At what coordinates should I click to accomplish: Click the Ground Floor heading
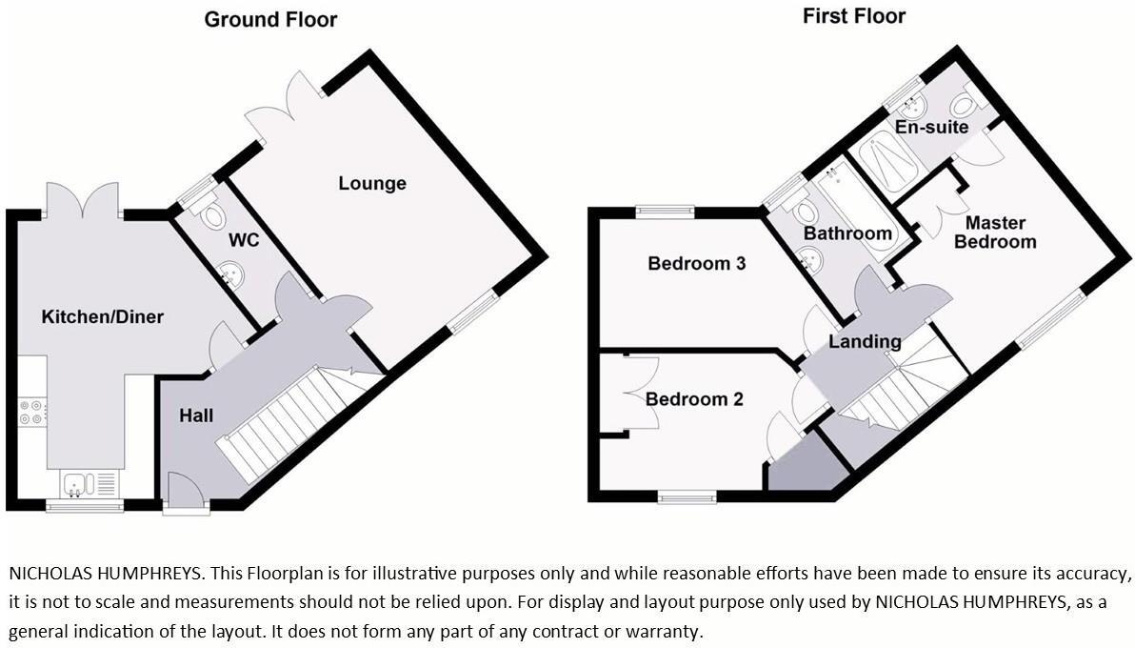[x=270, y=19]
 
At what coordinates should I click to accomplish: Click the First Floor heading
[x=853, y=15]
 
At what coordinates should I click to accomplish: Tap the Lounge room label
[x=372, y=183]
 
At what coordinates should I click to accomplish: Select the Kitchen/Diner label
[x=102, y=316]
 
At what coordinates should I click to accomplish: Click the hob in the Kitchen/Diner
[x=31, y=413]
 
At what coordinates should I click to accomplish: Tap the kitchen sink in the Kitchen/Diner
[x=75, y=484]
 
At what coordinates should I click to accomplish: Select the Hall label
[x=196, y=415]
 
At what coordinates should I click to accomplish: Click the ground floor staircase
[x=286, y=423]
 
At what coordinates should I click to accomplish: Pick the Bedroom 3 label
[x=696, y=263]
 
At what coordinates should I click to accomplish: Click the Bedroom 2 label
[x=693, y=398]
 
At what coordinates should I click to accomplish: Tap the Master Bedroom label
[x=995, y=232]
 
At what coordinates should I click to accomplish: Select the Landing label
[x=864, y=341]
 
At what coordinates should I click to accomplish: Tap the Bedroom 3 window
[x=665, y=211]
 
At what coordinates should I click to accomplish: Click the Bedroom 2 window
[x=688, y=496]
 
